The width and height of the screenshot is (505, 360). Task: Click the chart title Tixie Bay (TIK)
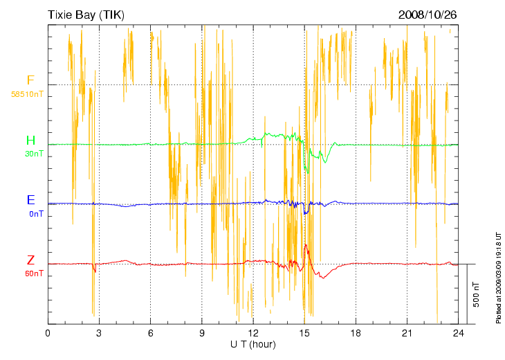(x=86, y=15)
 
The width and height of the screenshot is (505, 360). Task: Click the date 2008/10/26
(x=428, y=15)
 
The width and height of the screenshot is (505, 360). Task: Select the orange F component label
(x=30, y=81)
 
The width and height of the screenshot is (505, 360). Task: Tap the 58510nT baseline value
(x=28, y=93)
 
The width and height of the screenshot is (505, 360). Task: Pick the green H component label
(x=31, y=141)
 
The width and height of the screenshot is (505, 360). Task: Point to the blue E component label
(x=31, y=200)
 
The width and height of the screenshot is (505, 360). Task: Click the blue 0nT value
(x=36, y=214)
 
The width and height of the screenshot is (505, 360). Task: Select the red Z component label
(x=31, y=260)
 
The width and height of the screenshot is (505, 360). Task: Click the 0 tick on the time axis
(x=48, y=333)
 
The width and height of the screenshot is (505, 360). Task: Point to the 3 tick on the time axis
(x=99, y=333)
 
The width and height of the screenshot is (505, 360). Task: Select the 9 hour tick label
(x=202, y=333)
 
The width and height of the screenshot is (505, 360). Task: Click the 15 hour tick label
(x=304, y=333)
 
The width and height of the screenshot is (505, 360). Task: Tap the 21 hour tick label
(x=407, y=333)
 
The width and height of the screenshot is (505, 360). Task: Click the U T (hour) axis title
(x=252, y=344)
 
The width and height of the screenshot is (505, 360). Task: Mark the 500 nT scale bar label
(x=476, y=294)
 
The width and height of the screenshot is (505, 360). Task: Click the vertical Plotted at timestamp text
(x=498, y=277)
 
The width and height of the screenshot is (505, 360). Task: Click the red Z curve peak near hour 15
(x=306, y=245)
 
